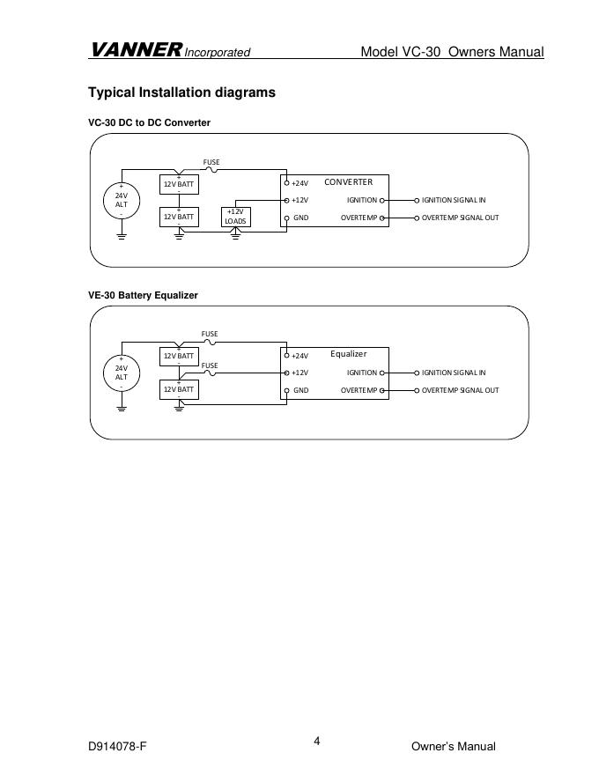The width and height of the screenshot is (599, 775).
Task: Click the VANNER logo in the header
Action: [x=136, y=50]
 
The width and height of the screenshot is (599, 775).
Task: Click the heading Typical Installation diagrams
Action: [x=181, y=92]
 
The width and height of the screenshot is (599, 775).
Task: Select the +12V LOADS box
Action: [x=235, y=216]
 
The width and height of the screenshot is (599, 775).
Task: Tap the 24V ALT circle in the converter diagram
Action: [x=122, y=199]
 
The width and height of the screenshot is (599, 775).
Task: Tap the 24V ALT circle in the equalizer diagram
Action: [x=122, y=372]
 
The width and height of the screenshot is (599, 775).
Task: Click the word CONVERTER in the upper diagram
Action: [x=349, y=182]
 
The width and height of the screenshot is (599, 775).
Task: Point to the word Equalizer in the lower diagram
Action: [x=348, y=354]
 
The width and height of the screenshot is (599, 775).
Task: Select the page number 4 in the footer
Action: [x=317, y=741]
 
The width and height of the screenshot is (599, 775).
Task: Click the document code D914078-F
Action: [x=117, y=747]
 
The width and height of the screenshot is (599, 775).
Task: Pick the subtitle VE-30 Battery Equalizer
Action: [x=143, y=295]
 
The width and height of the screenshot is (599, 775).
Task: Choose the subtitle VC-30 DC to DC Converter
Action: [x=149, y=122]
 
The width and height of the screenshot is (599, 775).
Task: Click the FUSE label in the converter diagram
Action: [x=211, y=162]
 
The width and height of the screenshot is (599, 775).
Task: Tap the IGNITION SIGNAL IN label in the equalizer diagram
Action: [x=454, y=373]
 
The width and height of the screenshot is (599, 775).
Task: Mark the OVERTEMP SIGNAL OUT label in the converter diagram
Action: [x=460, y=217]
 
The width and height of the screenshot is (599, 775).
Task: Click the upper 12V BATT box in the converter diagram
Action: [x=179, y=184]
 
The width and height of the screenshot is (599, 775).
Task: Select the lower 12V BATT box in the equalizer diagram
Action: [x=179, y=388]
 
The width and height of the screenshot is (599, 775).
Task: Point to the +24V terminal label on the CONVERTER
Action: [x=299, y=183]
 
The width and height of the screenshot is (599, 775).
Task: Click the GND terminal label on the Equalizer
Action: [x=300, y=389]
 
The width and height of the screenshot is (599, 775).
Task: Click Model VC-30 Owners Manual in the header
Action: [x=452, y=52]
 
